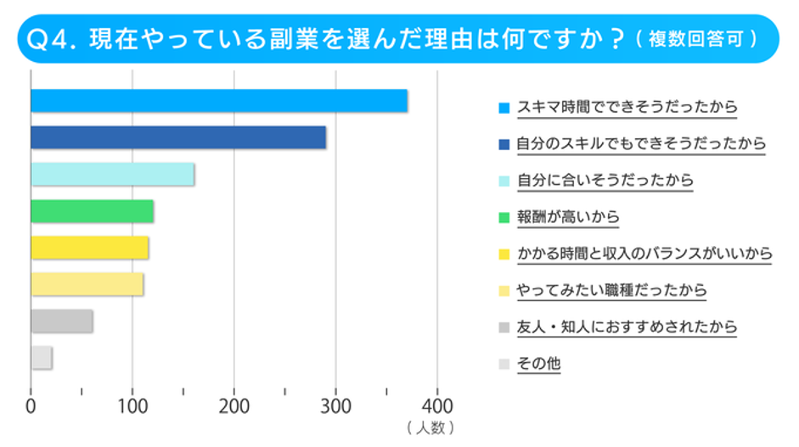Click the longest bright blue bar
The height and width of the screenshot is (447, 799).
(218, 101)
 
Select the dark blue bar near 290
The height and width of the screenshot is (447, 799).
(178, 137)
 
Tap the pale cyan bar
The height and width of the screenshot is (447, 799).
(112, 174)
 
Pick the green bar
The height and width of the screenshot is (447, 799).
(92, 211)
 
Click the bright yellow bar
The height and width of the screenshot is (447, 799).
(89, 248)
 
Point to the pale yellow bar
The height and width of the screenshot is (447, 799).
(87, 284)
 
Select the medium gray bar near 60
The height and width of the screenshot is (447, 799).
(61, 321)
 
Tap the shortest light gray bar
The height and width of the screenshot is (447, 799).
(42, 358)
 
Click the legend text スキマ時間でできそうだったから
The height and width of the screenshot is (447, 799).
(627, 108)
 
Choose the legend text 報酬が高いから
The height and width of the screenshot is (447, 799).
(568, 217)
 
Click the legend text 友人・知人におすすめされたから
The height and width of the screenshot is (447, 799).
(627, 327)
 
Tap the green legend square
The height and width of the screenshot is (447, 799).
(504, 218)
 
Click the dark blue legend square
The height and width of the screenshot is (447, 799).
(504, 145)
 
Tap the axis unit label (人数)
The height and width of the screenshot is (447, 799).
(430, 427)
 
